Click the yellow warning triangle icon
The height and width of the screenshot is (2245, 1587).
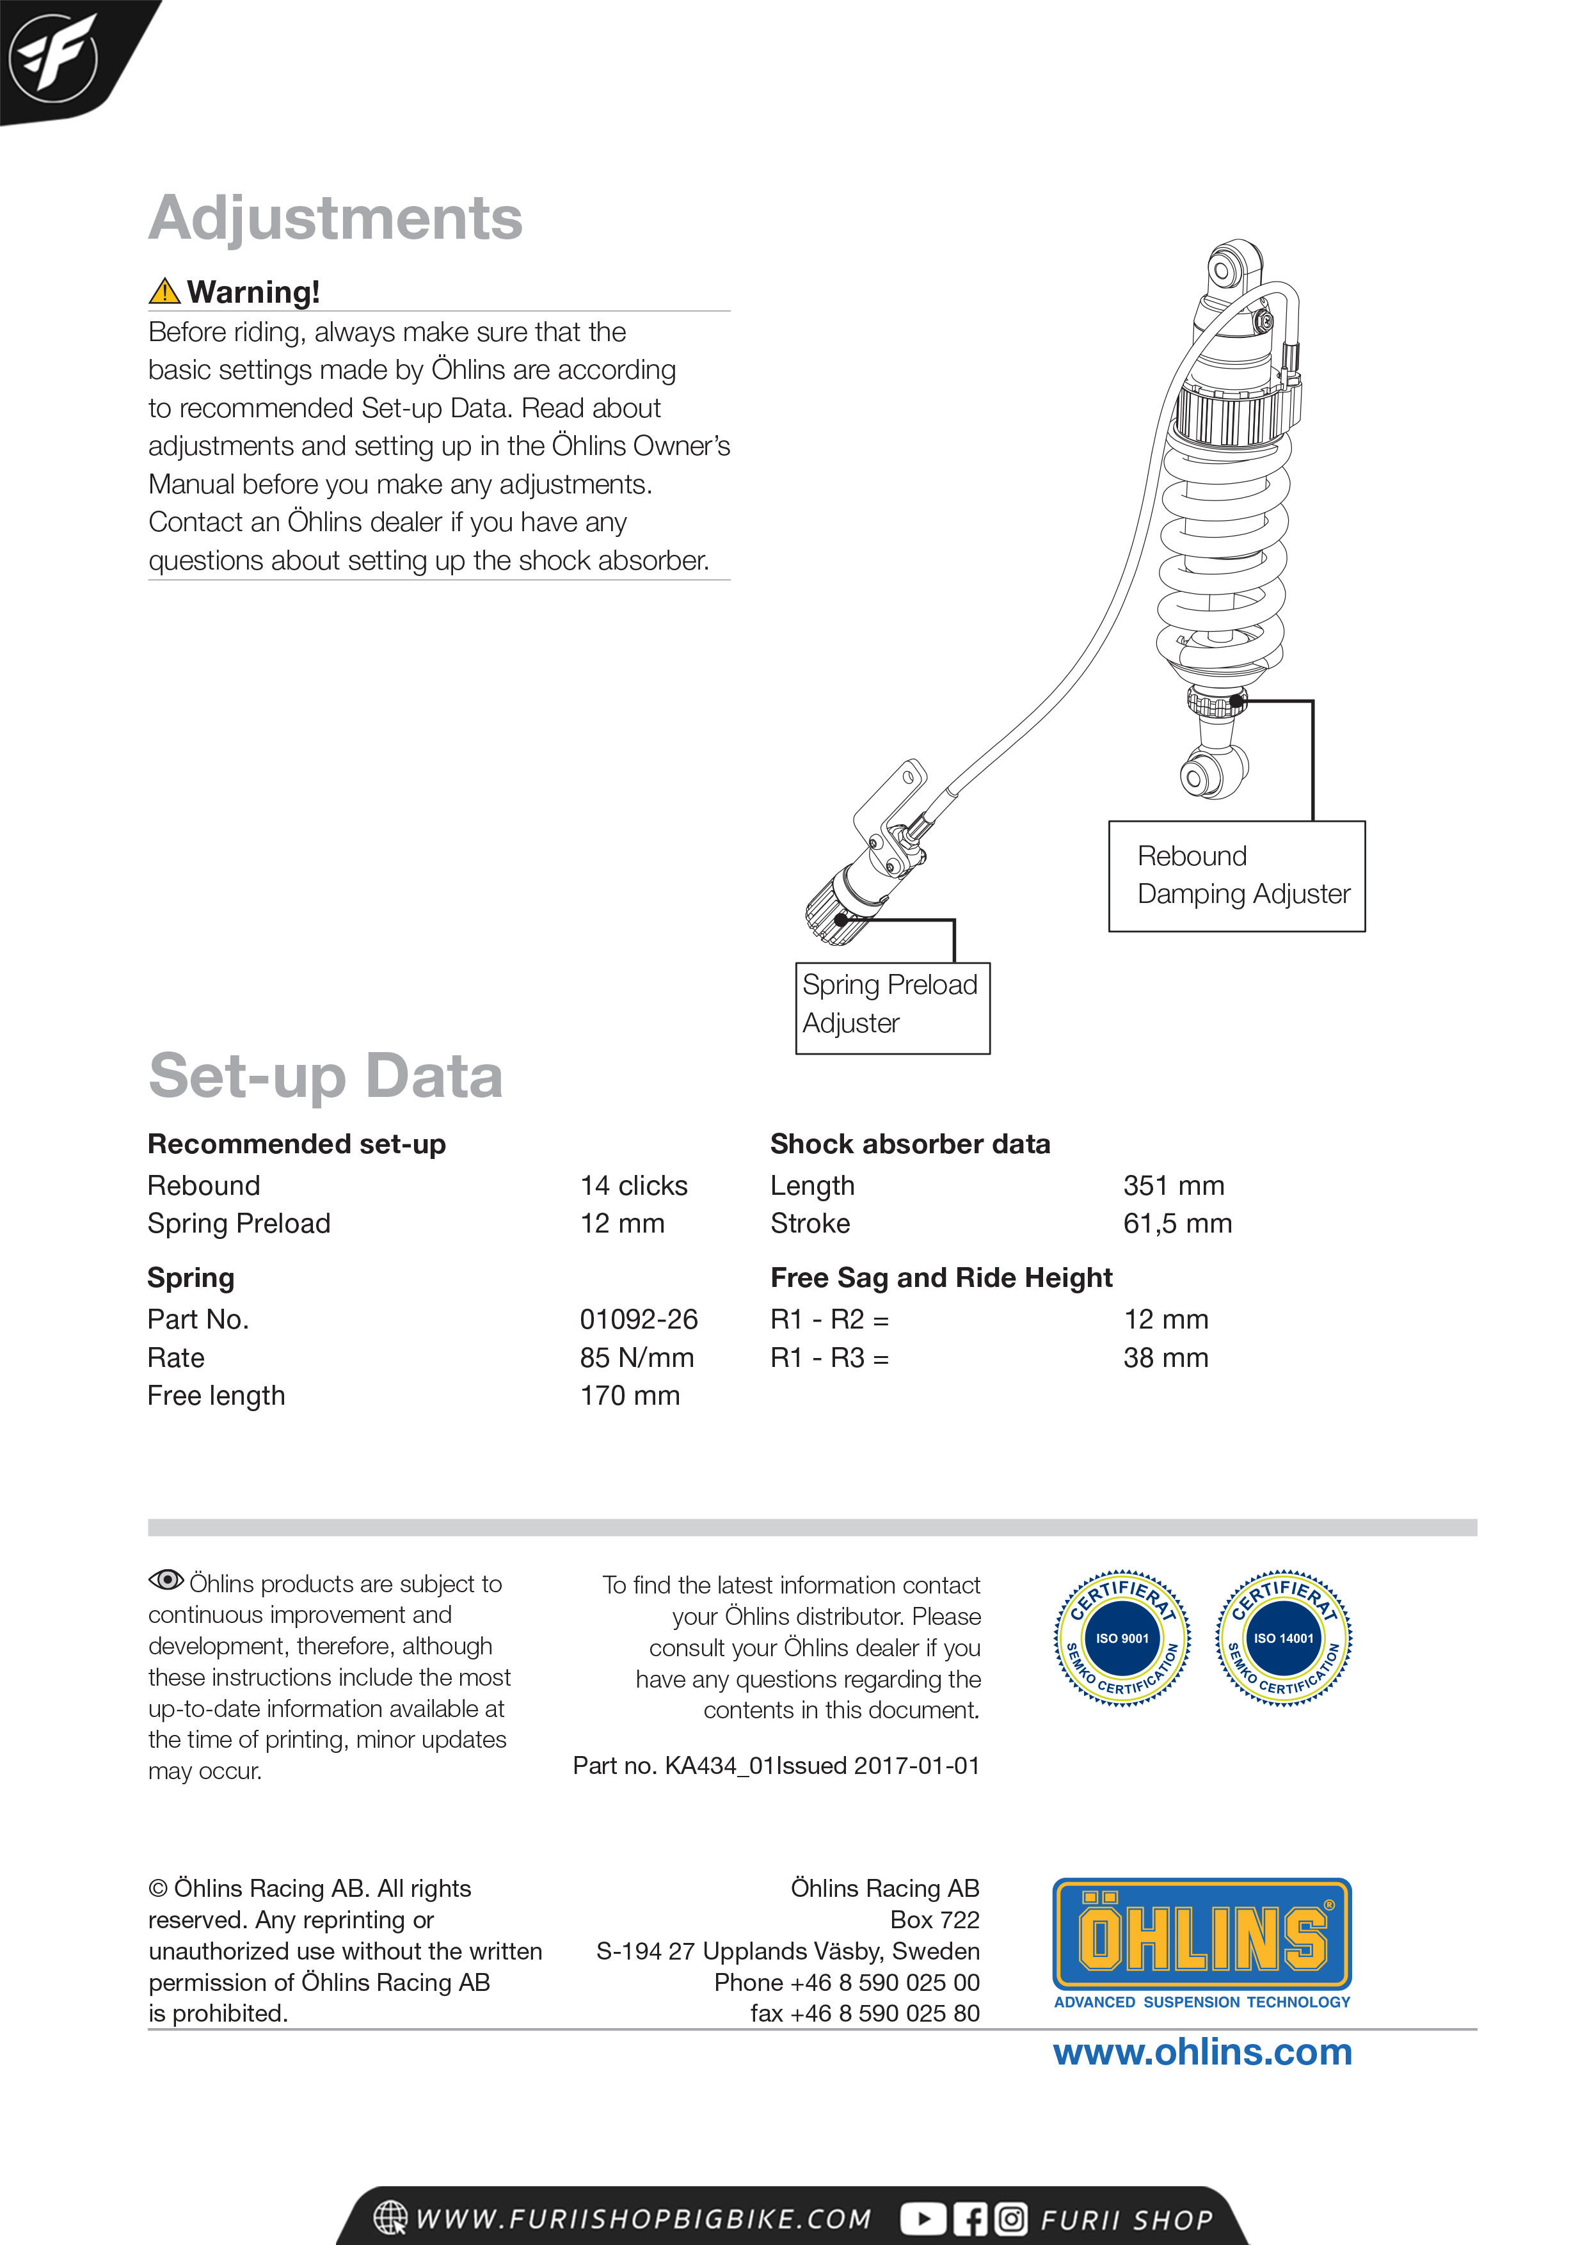pyautogui.click(x=164, y=291)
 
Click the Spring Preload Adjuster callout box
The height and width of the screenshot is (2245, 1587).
pyautogui.click(x=892, y=1007)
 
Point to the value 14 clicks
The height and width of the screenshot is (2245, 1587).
pyautogui.click(x=634, y=1185)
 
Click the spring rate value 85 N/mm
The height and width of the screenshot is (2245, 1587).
pyautogui.click(x=637, y=1357)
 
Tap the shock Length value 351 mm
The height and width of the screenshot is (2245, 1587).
pyautogui.click(x=1174, y=1185)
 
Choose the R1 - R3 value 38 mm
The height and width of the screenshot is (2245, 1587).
pyautogui.click(x=1165, y=1357)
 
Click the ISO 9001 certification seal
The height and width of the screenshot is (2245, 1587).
pyautogui.click(x=1122, y=1638)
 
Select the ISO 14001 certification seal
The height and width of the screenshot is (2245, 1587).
pyautogui.click(x=1283, y=1638)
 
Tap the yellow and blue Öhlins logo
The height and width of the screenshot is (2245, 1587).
pyautogui.click(x=1202, y=1935)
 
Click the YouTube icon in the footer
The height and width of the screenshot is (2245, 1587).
pyautogui.click(x=922, y=2219)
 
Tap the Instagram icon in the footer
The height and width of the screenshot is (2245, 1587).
pyautogui.click(x=1011, y=2219)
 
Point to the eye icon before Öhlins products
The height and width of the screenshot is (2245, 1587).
pyautogui.click(x=166, y=1579)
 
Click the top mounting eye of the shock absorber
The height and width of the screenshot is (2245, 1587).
pyautogui.click(x=1222, y=270)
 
